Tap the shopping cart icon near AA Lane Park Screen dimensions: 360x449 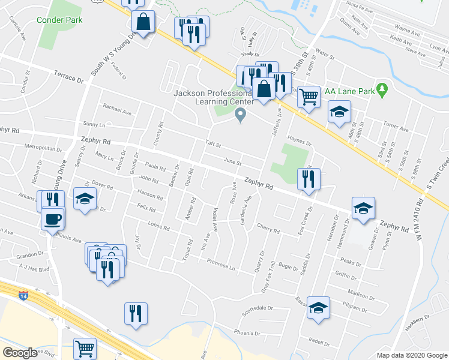coord(309,96)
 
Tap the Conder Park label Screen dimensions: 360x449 coord(59,20)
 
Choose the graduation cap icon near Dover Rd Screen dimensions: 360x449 coord(85,198)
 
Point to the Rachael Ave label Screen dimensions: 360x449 coord(116,110)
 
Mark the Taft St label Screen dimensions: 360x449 coord(214,145)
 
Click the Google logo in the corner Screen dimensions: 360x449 coord(20,352)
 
